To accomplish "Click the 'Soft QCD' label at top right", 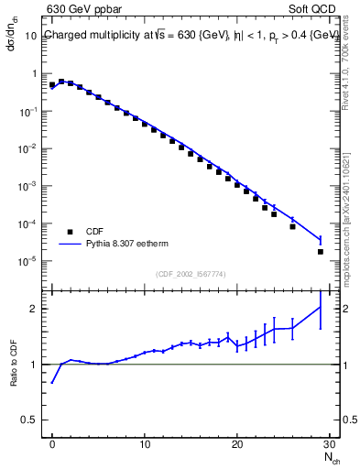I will [312, 12].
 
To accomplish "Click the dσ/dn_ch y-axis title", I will [13, 38].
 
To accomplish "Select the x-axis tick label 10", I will [145, 444].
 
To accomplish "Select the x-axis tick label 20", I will [237, 444].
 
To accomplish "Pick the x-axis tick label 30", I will [330, 444].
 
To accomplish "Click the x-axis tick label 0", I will [52, 444].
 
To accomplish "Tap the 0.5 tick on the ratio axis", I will [34, 421].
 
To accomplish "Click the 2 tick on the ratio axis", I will [38, 309].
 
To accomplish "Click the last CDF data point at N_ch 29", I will [321, 251].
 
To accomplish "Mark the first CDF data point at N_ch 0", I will [52, 85].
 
